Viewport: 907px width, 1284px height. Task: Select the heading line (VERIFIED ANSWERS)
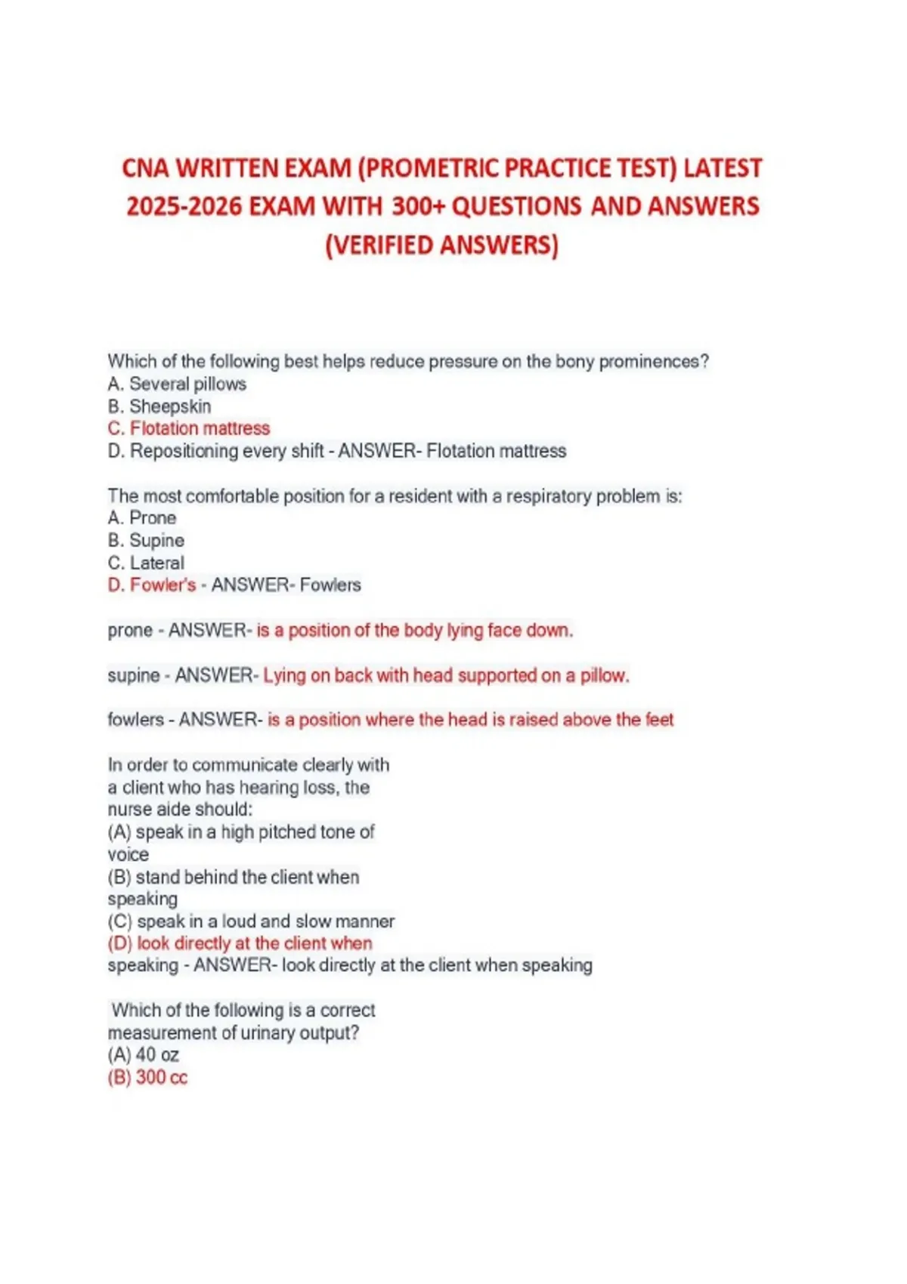point(442,245)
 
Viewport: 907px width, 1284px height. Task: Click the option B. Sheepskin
point(159,406)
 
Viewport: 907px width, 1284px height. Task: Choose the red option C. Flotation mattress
point(189,428)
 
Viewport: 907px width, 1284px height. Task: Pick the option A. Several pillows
point(177,384)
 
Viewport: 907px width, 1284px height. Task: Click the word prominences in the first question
point(654,362)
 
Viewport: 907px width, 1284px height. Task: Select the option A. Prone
point(142,518)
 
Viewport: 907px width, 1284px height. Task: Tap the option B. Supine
point(146,541)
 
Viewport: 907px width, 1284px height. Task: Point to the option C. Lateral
point(146,563)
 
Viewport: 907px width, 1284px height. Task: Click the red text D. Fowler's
point(152,585)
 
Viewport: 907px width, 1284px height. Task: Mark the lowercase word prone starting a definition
point(130,631)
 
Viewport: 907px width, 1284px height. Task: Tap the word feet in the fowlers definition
point(659,720)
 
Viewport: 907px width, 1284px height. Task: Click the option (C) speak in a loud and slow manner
point(251,921)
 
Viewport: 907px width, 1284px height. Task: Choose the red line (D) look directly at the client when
point(240,943)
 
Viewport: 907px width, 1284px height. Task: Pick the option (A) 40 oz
point(144,1055)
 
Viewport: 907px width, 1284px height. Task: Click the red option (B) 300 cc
point(147,1077)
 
